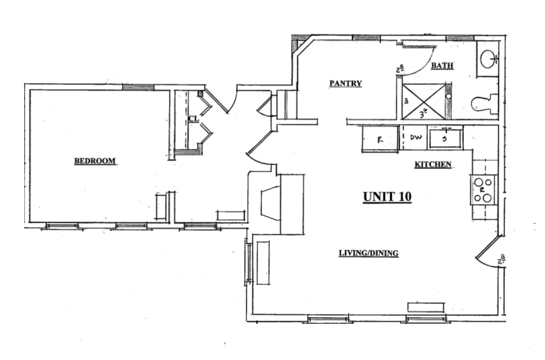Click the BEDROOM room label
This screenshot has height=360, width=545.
pyautogui.click(x=95, y=161)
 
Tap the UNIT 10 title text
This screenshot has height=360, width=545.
pyautogui.click(x=387, y=197)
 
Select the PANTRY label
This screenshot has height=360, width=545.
pyautogui.click(x=345, y=83)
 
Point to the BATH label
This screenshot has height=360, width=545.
pyautogui.click(x=442, y=66)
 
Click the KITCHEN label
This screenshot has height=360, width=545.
pyautogui.click(x=433, y=165)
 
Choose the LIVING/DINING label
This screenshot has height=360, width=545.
pyautogui.click(x=368, y=253)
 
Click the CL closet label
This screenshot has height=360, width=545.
pyautogui.click(x=193, y=119)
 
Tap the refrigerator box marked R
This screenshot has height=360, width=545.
pyautogui.click(x=380, y=139)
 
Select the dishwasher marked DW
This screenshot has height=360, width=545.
pyautogui.click(x=416, y=138)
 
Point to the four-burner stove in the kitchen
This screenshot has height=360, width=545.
pyautogui.click(x=483, y=190)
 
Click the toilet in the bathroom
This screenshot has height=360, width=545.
pyautogui.click(x=484, y=103)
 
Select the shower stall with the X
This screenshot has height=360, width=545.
pyautogui.click(x=423, y=102)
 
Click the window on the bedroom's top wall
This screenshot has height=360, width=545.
pyautogui.click(x=138, y=87)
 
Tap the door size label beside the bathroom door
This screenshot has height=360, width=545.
pyautogui.click(x=400, y=69)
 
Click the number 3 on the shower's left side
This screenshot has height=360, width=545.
pyautogui.click(x=406, y=101)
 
